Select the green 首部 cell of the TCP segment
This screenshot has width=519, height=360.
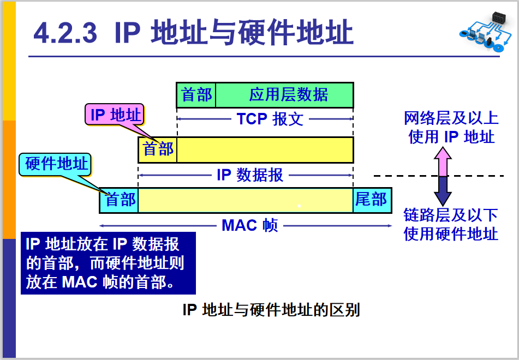tap(196, 95)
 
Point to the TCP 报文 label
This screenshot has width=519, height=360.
tap(270, 119)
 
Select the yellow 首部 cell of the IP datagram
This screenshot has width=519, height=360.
tap(158, 149)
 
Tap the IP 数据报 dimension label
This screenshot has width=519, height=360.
tap(250, 175)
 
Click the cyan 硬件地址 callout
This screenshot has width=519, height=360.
tap(56, 164)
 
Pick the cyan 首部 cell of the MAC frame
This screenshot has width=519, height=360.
tap(120, 200)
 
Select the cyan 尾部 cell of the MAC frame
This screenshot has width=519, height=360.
tap(371, 200)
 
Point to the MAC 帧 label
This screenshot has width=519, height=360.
tap(250, 225)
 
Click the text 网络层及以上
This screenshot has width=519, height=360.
tap(451, 118)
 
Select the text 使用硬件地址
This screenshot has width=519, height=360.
tap(451, 233)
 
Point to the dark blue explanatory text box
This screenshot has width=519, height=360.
tap(108, 263)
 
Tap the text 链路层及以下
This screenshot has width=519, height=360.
tap(451, 214)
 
